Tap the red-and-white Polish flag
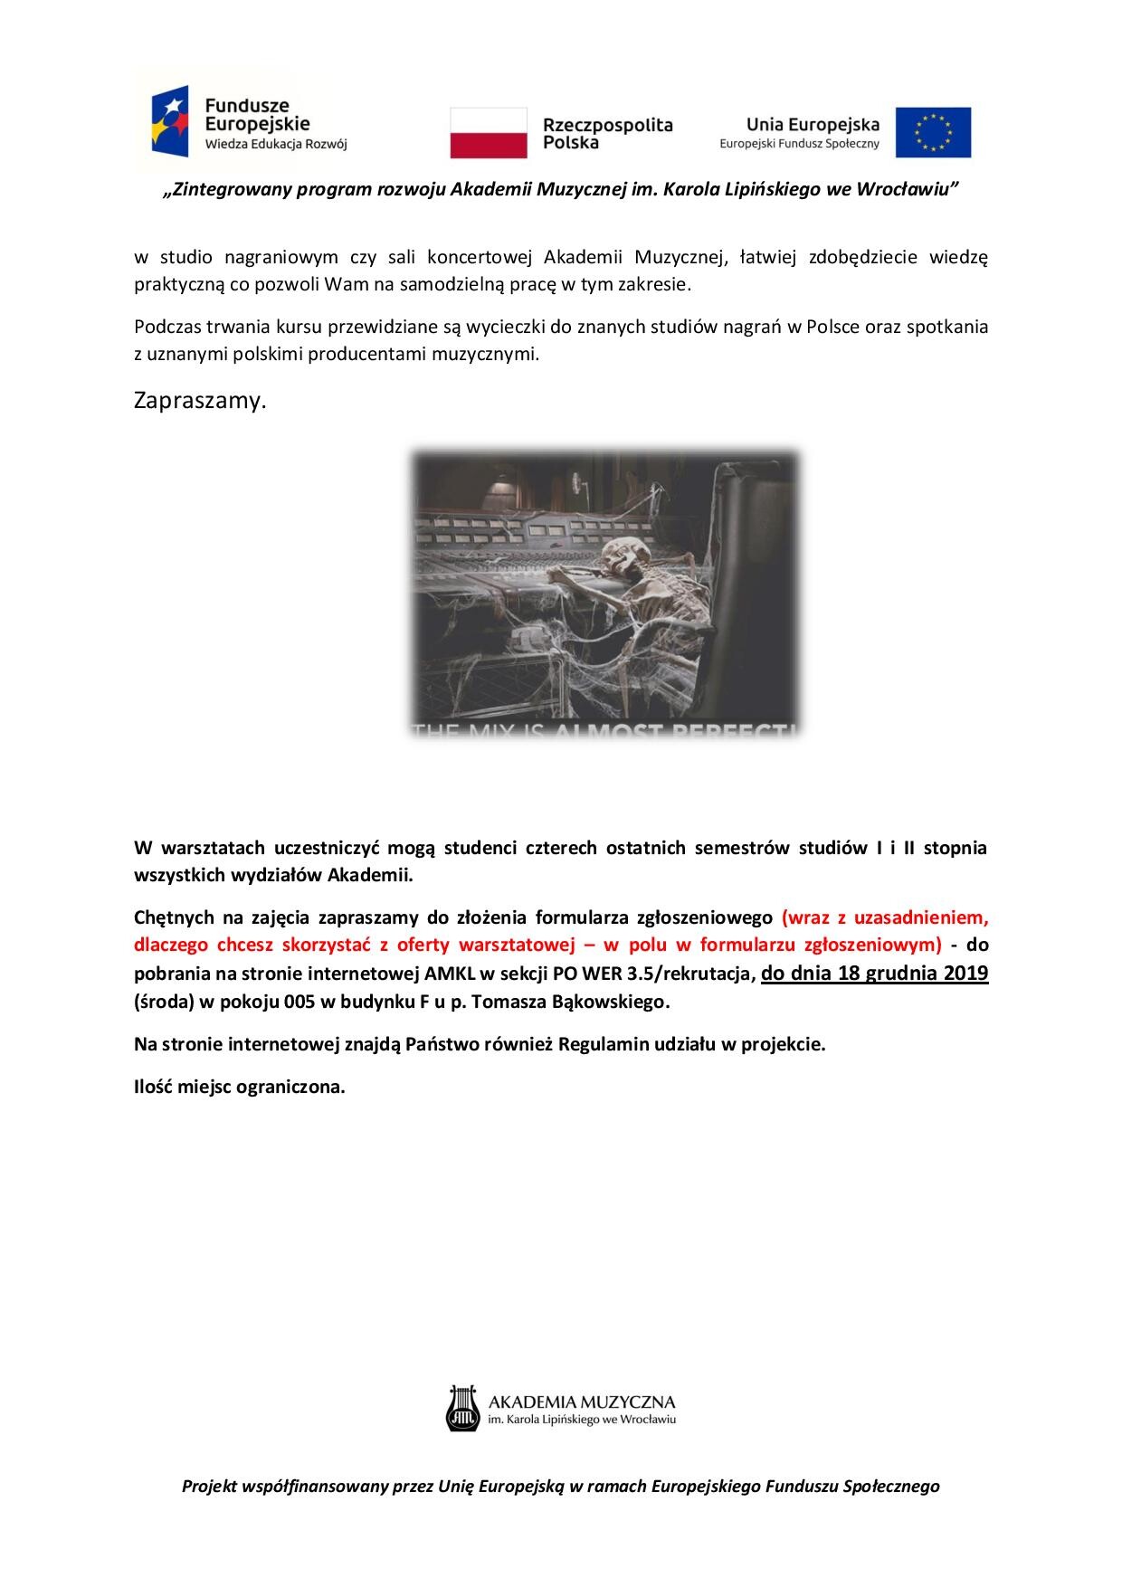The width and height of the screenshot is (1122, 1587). click(x=489, y=132)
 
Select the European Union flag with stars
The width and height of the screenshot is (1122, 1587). click(x=933, y=132)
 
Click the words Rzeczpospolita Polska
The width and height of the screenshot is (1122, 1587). click(x=607, y=133)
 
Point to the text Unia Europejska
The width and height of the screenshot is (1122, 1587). click(x=812, y=124)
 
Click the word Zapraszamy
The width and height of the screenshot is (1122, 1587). click(x=200, y=401)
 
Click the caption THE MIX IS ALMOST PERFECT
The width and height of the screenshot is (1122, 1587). click(x=604, y=729)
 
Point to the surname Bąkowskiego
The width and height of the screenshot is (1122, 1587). click(x=617, y=1003)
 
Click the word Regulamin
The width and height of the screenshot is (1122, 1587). click(x=600, y=1044)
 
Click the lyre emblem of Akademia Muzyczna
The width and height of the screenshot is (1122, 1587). click(x=461, y=1408)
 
